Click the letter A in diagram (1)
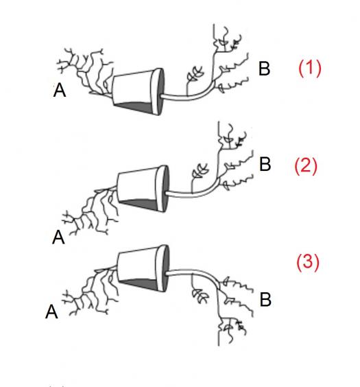(x=60, y=90)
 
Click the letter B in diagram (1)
(x=264, y=69)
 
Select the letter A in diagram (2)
(x=58, y=237)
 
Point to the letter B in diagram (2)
(x=265, y=164)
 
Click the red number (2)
(x=306, y=166)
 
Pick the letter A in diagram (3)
(x=51, y=312)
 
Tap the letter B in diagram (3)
(x=265, y=299)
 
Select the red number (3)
(x=308, y=262)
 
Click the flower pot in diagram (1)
(x=138, y=91)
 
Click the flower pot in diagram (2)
(x=143, y=189)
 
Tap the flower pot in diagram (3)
(x=143, y=268)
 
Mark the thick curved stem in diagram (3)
(x=195, y=272)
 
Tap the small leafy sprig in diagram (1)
(x=195, y=74)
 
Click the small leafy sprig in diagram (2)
(x=200, y=171)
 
